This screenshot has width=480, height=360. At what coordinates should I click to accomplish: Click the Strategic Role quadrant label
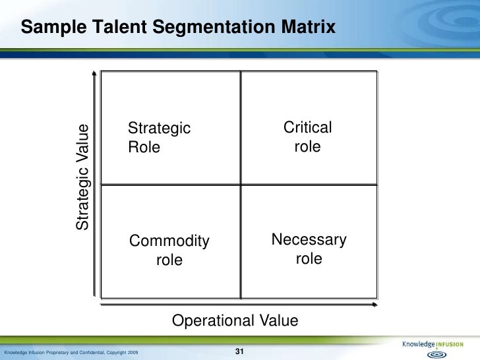click(159, 137)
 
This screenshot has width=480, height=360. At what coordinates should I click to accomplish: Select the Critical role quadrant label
click(307, 136)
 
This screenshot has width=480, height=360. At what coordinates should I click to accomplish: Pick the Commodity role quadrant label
click(169, 251)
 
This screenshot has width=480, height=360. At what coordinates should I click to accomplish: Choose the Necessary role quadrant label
click(309, 249)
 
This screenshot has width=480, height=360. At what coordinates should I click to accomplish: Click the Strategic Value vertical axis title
click(82, 177)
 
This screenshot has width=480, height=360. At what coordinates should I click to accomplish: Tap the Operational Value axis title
click(235, 320)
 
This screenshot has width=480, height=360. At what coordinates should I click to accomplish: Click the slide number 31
click(240, 351)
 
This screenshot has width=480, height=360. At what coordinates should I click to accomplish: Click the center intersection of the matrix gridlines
click(241, 185)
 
